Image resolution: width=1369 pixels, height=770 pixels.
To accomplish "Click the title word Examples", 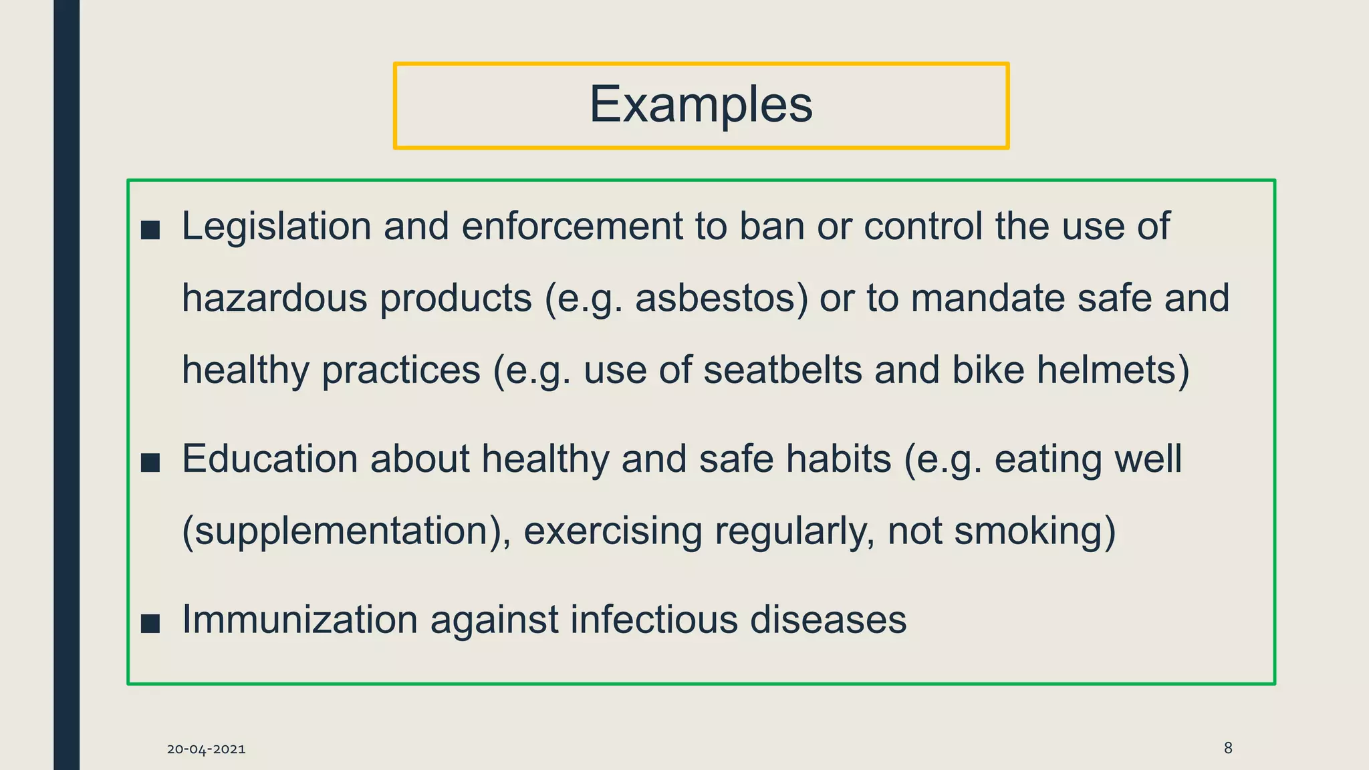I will [701, 105].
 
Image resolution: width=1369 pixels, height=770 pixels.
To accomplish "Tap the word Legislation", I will [276, 227].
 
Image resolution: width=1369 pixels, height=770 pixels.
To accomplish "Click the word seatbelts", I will [783, 370].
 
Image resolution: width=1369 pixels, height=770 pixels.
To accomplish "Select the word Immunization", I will [299, 620].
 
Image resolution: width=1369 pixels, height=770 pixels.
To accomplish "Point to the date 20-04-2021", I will [206, 749].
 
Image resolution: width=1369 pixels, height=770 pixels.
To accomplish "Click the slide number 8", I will [1227, 748].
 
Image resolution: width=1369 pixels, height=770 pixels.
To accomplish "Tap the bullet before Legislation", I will [150, 231].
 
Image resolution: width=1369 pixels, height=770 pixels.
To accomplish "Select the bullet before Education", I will [150, 463].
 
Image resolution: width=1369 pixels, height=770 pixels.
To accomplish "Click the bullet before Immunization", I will [150, 624].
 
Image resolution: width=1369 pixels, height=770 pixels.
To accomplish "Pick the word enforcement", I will [572, 227].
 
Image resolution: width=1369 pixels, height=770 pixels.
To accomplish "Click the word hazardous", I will [275, 298].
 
